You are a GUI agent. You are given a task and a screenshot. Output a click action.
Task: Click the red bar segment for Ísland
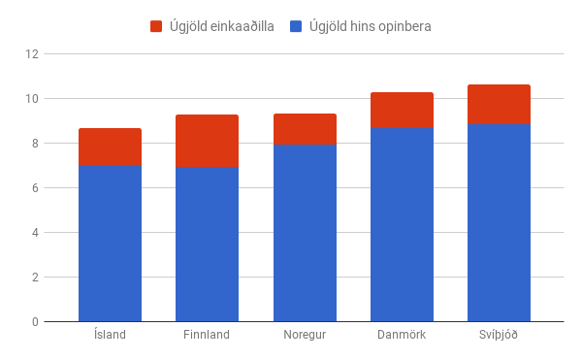pos(110,146)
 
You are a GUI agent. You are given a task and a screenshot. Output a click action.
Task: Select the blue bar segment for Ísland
pos(110,243)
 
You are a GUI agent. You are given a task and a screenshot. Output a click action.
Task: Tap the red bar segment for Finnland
pos(207,141)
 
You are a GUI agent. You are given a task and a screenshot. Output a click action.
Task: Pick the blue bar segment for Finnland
pos(207,244)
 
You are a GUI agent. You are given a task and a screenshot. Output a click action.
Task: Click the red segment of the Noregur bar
pos(305,129)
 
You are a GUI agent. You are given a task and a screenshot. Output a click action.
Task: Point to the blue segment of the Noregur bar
pos(305,233)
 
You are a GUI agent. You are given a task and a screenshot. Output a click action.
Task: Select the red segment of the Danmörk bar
pos(402,110)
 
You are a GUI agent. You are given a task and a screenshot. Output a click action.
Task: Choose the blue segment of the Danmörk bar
pos(402,224)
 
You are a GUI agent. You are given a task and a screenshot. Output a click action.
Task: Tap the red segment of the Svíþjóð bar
pos(499,104)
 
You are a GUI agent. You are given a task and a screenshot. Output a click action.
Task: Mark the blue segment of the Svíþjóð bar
pos(499,222)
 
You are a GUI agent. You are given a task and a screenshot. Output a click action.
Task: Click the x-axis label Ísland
pos(110,336)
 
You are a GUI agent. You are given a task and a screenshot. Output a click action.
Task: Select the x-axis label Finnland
pos(207,336)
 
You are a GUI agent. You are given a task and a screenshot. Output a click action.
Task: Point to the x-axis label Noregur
pos(305,336)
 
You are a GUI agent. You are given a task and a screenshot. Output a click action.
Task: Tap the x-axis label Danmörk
pos(402,336)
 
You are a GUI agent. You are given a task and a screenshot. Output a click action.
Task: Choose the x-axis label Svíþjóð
pos(499,336)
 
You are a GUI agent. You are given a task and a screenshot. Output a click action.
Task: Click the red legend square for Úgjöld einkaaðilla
pos(157,26)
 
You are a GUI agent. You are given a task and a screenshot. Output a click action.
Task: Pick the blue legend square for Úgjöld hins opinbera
pos(297,26)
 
